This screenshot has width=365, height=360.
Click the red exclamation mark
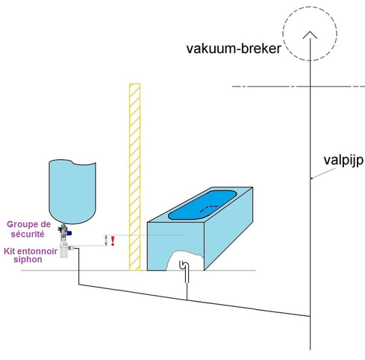(113, 241)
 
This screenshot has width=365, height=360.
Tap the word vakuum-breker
(234, 49)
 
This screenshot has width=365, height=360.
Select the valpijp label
(343, 161)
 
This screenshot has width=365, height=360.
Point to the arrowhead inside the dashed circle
(310, 35)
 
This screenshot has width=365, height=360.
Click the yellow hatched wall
(134, 177)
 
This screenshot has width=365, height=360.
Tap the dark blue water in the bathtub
(202, 205)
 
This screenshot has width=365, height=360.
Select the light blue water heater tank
(72, 192)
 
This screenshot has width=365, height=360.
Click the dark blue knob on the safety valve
(69, 233)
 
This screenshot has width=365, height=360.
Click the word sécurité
(28, 234)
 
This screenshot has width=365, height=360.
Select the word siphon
(28, 259)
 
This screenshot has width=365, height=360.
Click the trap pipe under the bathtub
(184, 271)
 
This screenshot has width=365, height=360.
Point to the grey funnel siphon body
(64, 250)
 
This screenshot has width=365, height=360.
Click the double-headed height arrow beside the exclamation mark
(106, 240)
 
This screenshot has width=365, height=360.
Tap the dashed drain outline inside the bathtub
(208, 208)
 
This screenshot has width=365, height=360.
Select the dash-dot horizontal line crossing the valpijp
(299, 87)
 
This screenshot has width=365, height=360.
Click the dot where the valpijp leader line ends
(312, 179)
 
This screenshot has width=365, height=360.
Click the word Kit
(10, 251)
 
